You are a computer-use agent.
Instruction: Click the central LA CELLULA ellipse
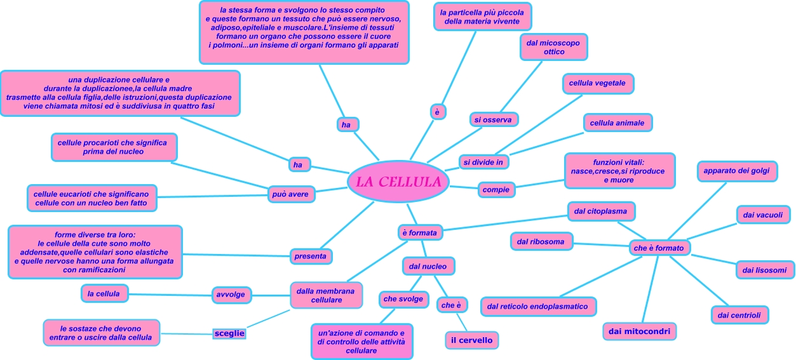pos(398,182)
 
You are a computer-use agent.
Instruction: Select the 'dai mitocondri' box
pos(640,331)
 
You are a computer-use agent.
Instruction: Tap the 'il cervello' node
pos(471,340)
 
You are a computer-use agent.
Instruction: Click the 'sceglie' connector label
pos(229,333)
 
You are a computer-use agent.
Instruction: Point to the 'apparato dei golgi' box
pos(736,171)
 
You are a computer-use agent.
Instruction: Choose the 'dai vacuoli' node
pos(762,215)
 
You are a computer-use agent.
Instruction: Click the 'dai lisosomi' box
pos(764,270)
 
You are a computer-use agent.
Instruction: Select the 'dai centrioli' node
pos(739,314)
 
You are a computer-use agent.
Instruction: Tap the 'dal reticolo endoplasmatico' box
pos(538,307)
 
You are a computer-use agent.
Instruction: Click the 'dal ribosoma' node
pos(541,241)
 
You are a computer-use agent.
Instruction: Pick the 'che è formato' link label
pos(659,248)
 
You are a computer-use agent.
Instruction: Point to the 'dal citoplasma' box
pos(600,211)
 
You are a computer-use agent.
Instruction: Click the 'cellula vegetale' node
pos(597,83)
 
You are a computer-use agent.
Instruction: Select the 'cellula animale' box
pos(617,123)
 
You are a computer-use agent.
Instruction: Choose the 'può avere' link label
pos(290,194)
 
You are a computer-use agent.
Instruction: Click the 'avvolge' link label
pos(231,295)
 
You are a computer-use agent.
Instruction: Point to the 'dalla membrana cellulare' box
pos(327,295)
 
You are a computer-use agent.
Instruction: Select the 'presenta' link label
pos(311,257)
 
